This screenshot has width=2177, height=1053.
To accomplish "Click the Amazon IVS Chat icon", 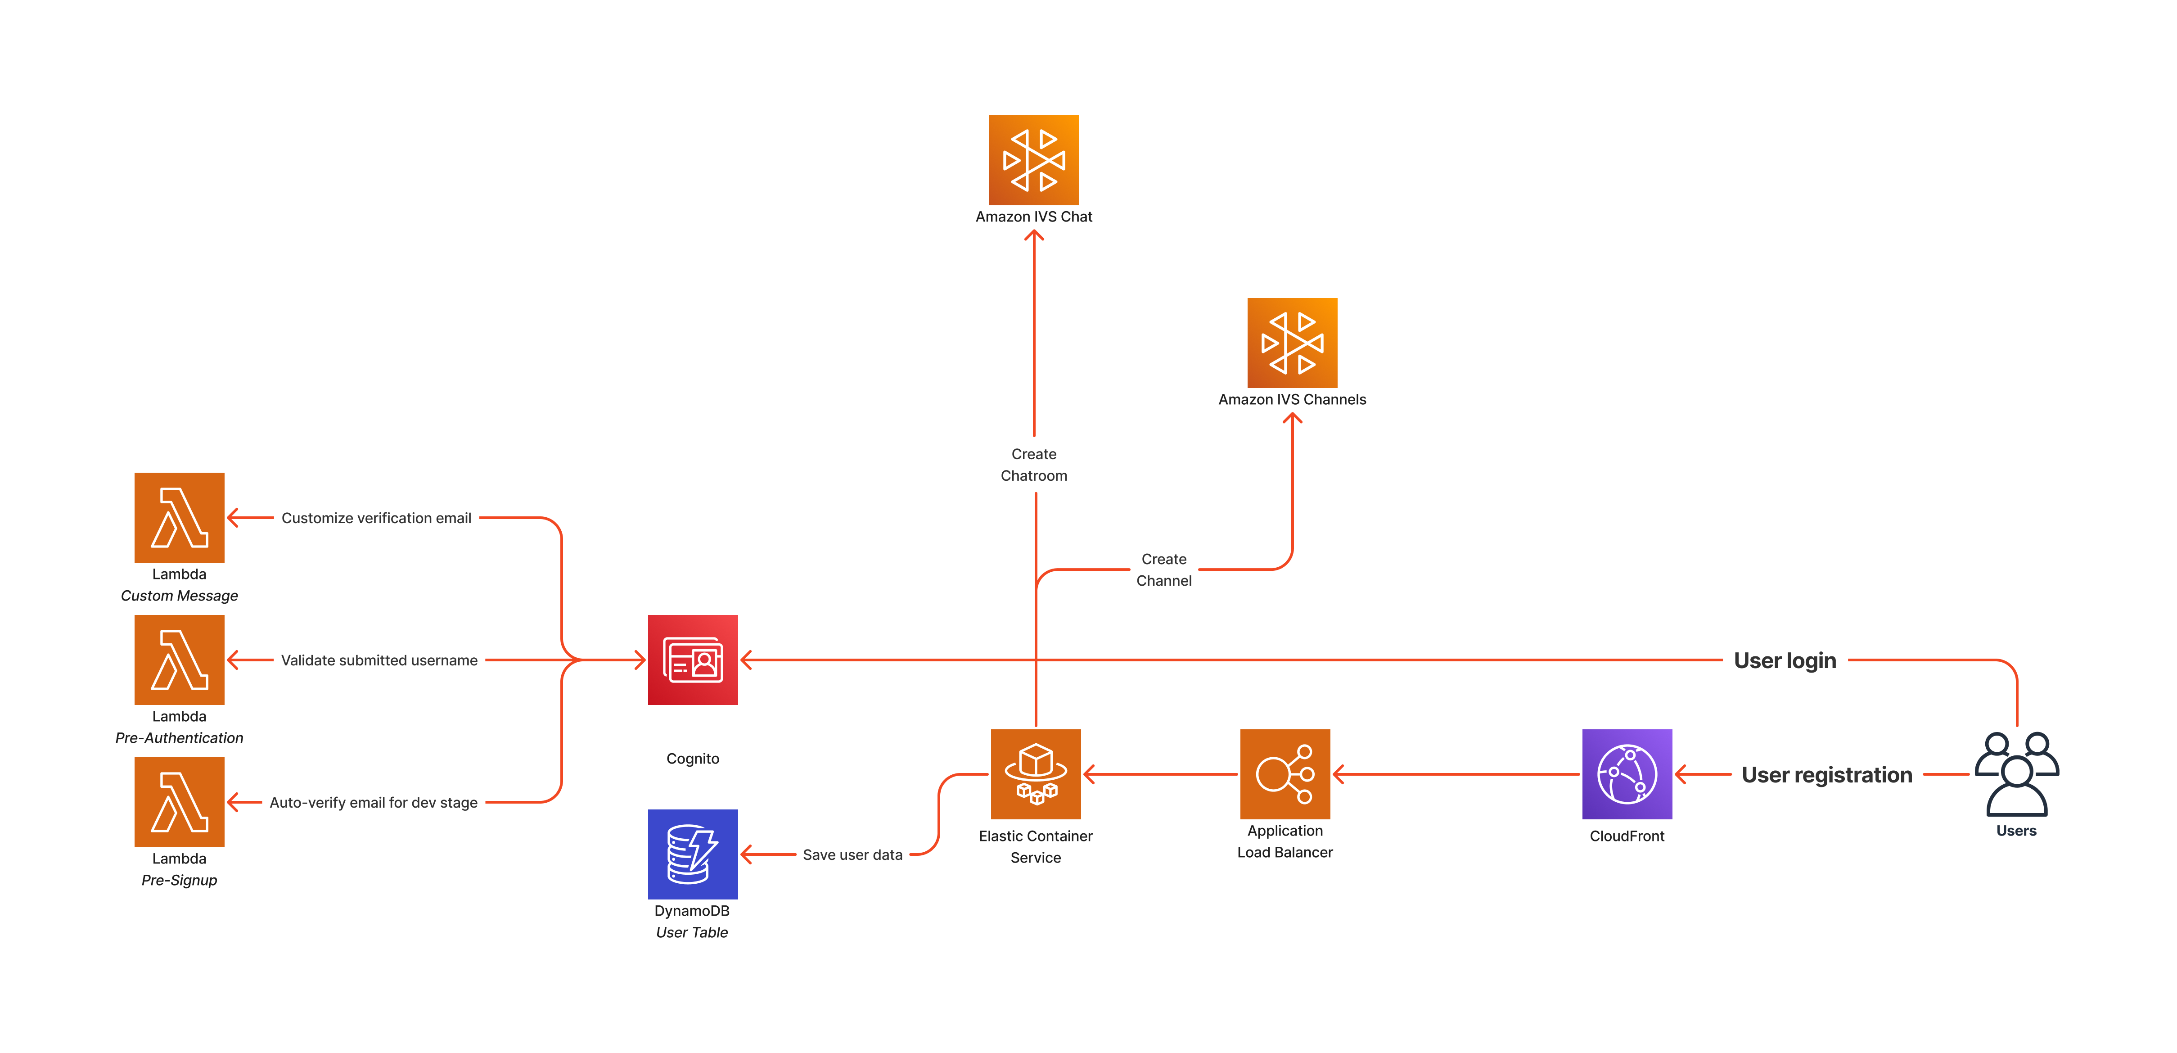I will click(1033, 160).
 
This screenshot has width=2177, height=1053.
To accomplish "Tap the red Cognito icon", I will click(692, 659).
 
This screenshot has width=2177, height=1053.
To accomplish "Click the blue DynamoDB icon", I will click(692, 854).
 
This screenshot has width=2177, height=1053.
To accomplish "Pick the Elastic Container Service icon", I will click(1035, 773).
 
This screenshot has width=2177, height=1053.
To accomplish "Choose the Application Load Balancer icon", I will click(1285, 773).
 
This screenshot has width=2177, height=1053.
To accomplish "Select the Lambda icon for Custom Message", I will click(179, 517).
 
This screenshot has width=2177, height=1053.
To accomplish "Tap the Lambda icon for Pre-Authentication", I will click(179, 659).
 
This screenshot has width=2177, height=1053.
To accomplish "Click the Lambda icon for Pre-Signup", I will click(179, 801).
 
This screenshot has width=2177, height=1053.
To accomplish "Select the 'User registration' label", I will click(1826, 774).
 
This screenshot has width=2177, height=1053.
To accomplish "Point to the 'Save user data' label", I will click(852, 854).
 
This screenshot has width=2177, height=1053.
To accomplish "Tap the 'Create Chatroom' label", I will click(1033, 464).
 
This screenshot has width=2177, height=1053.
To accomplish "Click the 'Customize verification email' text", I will click(376, 517).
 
